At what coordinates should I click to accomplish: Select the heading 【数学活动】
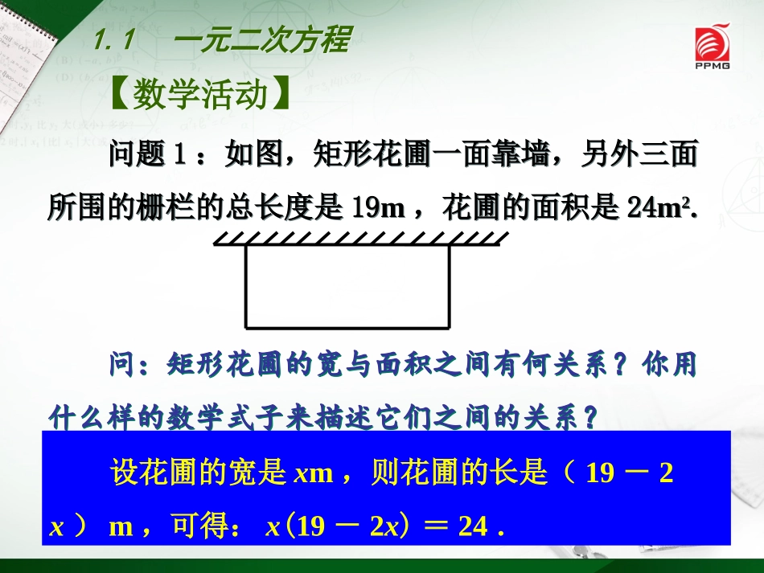(199, 95)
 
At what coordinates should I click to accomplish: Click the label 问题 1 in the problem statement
(147, 154)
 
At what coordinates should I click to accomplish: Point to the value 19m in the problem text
(377, 209)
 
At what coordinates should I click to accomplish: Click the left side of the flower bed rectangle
(245, 286)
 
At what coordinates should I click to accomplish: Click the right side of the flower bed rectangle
(448, 286)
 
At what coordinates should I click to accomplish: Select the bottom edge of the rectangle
(347, 328)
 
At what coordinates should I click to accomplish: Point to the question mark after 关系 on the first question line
(620, 366)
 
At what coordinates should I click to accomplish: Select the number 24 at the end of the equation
(473, 526)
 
